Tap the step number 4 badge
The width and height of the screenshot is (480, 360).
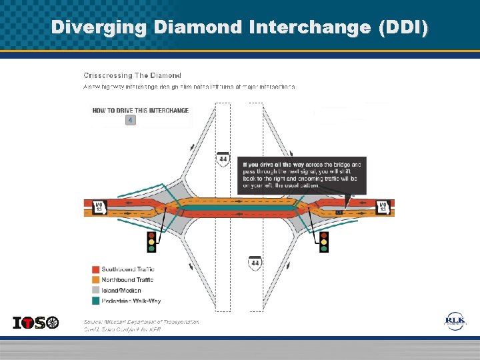(x=131, y=120)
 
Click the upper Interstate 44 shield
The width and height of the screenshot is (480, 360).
(x=223, y=159)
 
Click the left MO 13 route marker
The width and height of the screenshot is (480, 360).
(x=98, y=207)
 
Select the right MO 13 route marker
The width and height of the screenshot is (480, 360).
(x=383, y=207)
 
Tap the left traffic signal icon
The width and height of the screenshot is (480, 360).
(x=151, y=241)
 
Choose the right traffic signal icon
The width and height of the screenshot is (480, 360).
(x=324, y=241)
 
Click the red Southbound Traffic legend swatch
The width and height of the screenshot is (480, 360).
(x=95, y=269)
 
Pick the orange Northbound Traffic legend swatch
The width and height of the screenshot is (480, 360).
(x=95, y=280)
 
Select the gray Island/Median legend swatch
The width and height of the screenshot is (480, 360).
(x=95, y=290)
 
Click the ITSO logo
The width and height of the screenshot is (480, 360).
(x=36, y=323)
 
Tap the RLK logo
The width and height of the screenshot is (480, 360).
(x=456, y=322)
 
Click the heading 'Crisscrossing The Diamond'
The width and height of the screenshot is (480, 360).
(x=132, y=75)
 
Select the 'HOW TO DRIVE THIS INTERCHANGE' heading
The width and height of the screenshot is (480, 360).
(x=140, y=110)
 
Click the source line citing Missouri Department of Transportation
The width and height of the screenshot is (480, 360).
(x=141, y=321)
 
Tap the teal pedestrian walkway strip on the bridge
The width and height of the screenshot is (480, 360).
(x=240, y=207)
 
